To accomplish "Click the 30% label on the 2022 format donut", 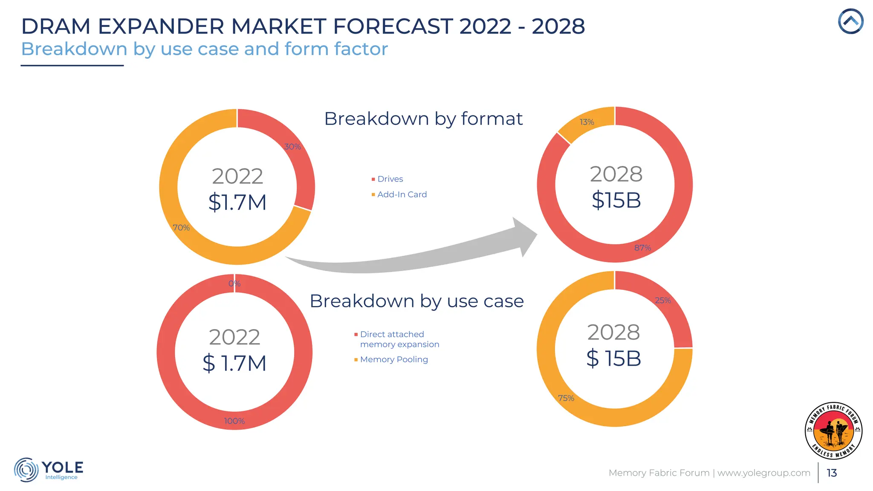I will point(292,147).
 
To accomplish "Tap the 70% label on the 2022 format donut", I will point(181,228).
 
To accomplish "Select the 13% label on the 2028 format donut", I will point(587,122).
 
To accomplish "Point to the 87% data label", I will point(642,248).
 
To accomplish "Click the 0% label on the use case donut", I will point(234,283).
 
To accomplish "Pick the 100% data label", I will point(234,421).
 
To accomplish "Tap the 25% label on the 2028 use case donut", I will point(663,300).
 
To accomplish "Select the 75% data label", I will point(566,398).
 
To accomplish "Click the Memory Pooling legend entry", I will point(393,359).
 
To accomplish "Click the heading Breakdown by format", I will point(423,118).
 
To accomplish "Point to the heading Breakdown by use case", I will point(416,301).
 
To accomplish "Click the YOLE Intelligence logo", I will point(49,470).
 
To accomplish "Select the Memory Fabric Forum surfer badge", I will point(833,430).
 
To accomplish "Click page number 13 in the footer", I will point(832,473).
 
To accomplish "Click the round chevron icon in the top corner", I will point(850,21).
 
